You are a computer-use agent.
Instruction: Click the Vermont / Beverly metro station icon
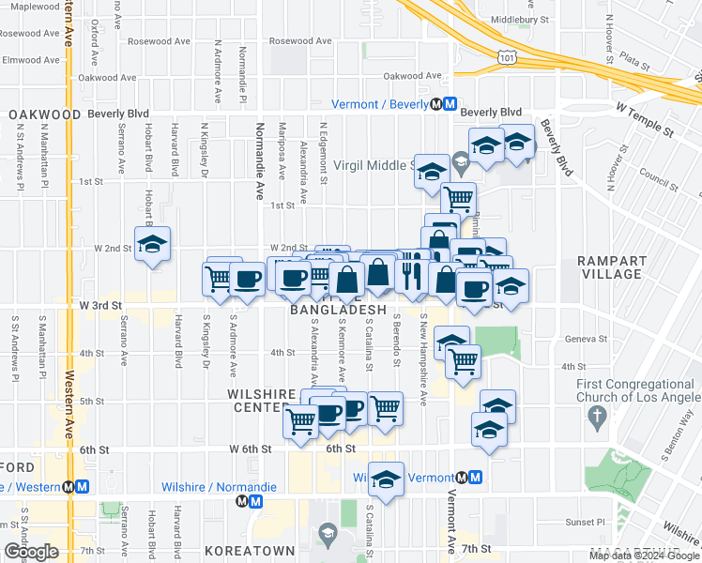pos(450,104)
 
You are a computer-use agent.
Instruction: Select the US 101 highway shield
pos(506,58)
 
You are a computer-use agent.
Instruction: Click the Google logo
pos(31,552)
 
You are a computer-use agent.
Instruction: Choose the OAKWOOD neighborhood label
pos(43,114)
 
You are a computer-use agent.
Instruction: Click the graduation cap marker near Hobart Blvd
pos(151,245)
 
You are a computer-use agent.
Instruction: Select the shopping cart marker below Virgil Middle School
pos(458,197)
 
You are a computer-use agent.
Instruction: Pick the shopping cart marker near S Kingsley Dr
pos(219,278)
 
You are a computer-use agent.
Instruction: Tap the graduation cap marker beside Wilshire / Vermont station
pos(386,480)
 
